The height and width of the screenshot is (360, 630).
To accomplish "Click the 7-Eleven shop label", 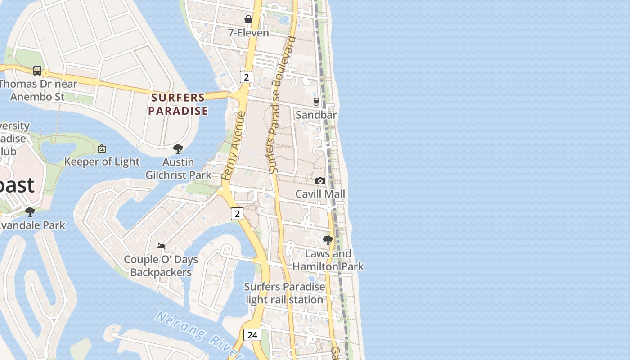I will [x=248, y=33].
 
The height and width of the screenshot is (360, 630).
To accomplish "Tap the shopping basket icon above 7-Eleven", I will [x=248, y=19].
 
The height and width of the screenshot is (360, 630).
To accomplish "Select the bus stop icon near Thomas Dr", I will [x=37, y=71].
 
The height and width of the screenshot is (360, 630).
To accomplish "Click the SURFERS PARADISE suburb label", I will [x=178, y=104].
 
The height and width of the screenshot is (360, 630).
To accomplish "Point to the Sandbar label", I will [x=316, y=115].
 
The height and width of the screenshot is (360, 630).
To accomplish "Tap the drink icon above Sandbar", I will [x=316, y=101].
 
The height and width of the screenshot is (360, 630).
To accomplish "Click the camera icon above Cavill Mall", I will [x=320, y=181].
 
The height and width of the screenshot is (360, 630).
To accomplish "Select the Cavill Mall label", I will [x=320, y=194].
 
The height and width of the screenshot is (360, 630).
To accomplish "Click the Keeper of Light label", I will [x=102, y=162].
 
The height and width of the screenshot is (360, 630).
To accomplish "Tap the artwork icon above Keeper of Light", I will [x=102, y=148].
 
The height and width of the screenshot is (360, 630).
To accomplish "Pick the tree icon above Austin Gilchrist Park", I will [x=178, y=148].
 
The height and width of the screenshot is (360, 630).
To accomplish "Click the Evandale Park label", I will [x=32, y=225].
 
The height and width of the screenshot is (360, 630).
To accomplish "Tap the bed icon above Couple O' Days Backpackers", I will [x=161, y=246].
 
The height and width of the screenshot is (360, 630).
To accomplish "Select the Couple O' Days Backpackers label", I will [x=161, y=266].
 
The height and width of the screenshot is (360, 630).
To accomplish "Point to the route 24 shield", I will [x=252, y=335].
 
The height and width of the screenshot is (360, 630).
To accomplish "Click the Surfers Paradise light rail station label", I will [x=284, y=293].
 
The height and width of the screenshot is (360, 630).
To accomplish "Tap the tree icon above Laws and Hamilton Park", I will [x=328, y=240].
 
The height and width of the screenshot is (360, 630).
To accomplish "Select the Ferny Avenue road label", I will [x=234, y=146].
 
